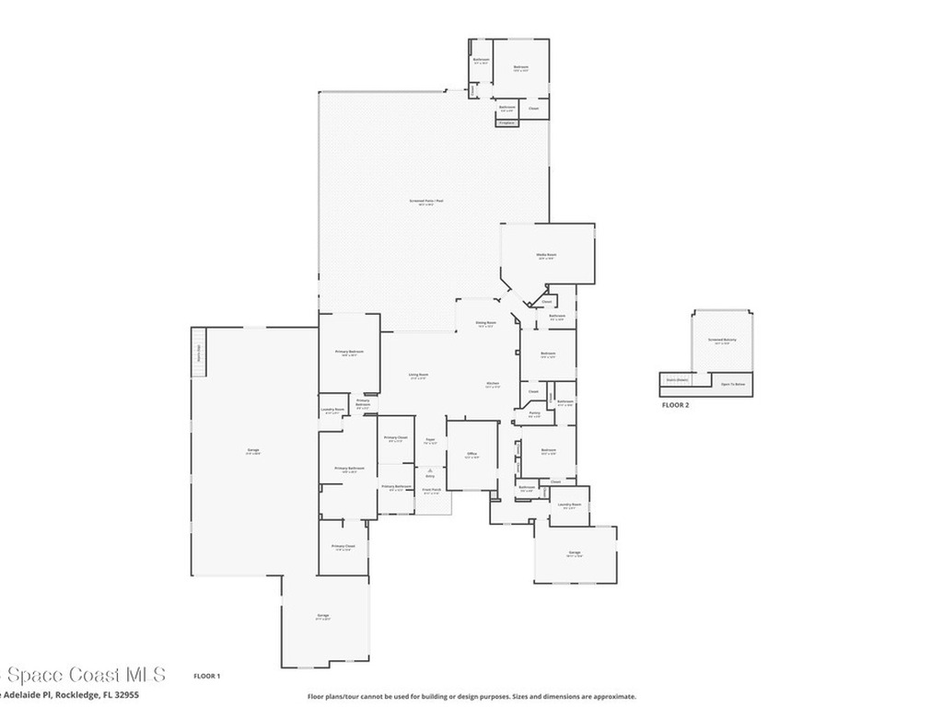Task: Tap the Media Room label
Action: tap(546, 255)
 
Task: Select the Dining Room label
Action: tap(485, 323)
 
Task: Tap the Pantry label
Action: tap(534, 413)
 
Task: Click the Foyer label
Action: tap(429, 441)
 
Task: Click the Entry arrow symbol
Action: tap(429, 469)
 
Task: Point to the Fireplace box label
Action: tap(506, 122)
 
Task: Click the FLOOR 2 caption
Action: tap(675, 404)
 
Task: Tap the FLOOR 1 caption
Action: tap(206, 676)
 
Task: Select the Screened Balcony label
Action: tap(723, 340)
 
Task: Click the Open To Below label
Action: tap(732, 384)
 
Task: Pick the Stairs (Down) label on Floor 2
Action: tap(677, 379)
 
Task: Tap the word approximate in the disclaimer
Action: tap(615, 697)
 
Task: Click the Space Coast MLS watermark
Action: tap(83, 675)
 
